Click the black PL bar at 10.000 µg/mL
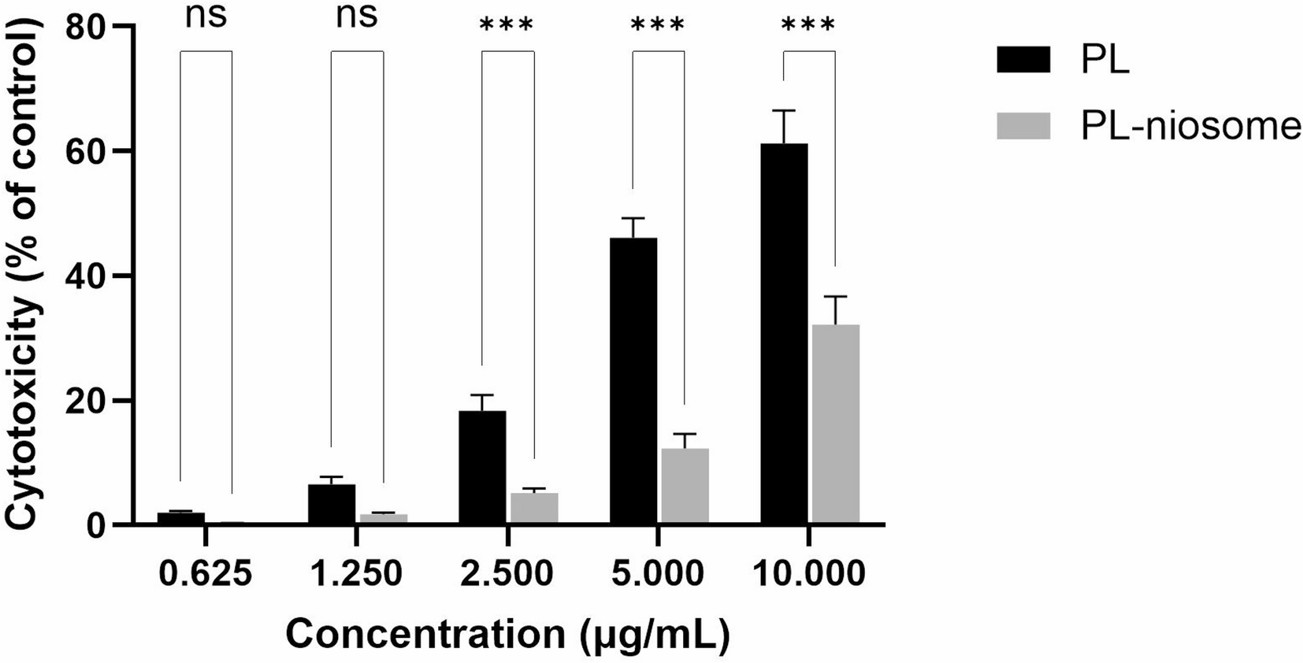coord(784,335)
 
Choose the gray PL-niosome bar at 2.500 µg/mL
coord(534,508)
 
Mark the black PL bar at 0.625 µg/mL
coord(180,518)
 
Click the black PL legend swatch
coord(1023,60)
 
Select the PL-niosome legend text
coord(1190,126)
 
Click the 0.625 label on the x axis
coord(206,574)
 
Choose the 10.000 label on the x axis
coord(809,574)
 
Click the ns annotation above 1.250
coord(357,16)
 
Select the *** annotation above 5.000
coord(658,25)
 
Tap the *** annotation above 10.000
coord(808,25)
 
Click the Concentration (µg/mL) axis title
coord(507,635)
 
